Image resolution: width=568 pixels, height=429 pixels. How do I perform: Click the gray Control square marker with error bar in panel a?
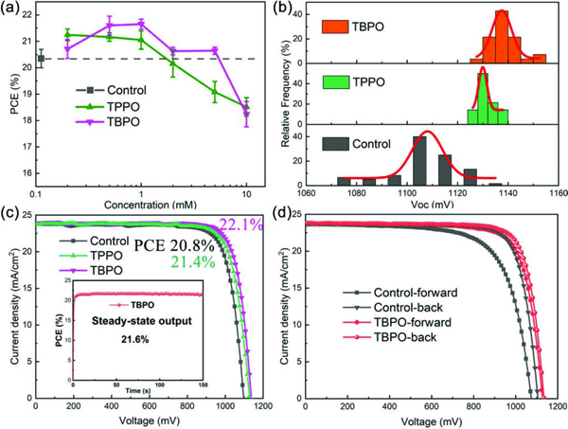coord(41,60)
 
